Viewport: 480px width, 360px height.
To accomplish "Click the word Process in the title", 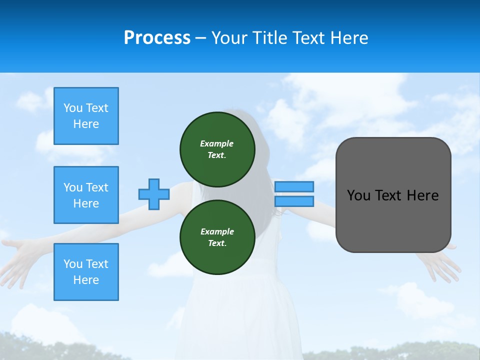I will coord(157,38).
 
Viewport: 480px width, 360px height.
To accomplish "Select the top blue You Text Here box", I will coord(86,116).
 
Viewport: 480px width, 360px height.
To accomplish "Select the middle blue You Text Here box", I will coord(86,195).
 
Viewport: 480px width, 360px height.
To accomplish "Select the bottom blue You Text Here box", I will coord(86,272).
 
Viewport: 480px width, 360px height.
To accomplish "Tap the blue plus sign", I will coord(154,194).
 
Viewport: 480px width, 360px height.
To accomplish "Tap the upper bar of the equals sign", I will coord(294,186).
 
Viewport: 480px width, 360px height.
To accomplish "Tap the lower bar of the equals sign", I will coord(294,201).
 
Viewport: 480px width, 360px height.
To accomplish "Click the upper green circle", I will coord(217,149).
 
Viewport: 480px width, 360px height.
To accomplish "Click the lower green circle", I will coord(217,237).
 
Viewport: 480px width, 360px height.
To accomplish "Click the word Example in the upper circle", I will coord(216,143).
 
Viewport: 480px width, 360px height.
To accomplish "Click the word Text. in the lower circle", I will coord(217,243).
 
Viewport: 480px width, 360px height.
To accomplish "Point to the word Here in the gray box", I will coord(422,195).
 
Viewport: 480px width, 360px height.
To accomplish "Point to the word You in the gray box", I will coord(358,195).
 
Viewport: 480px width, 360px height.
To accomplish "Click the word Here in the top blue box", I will coord(86,124).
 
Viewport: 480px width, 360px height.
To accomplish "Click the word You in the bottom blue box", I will coord(73,264).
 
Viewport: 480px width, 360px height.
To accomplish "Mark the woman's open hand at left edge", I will coord(17,257).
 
